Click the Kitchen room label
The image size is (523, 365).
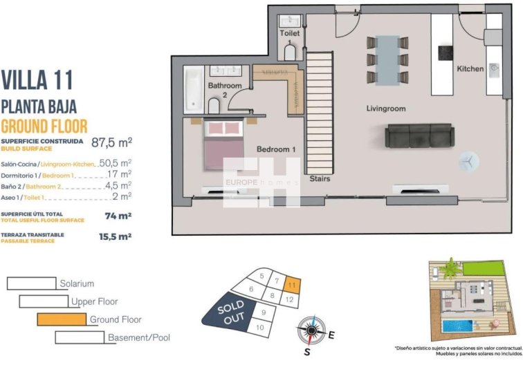point(470,68)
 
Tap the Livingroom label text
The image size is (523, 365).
point(385,109)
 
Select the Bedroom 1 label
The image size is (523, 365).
point(276,149)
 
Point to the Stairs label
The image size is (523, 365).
point(320,178)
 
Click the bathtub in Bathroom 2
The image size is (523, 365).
point(192,90)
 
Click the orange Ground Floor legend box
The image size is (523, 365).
point(61,319)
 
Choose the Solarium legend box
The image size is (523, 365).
point(31,283)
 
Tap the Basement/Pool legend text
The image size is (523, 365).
point(138,338)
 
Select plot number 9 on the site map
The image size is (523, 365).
point(264,312)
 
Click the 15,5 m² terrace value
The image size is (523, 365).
point(116,237)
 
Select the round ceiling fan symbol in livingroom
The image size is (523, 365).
point(468,160)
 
